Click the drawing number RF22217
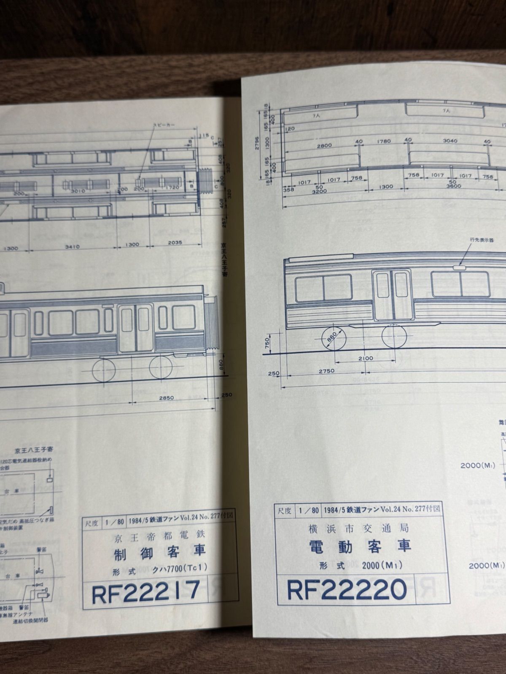[146, 591]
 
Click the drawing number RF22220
[347, 588]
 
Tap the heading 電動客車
[360, 546]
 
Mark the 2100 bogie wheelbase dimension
[365, 358]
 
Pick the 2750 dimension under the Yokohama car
[326, 371]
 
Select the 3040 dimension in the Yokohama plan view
[450, 141]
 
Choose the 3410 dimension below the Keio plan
[72, 247]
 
